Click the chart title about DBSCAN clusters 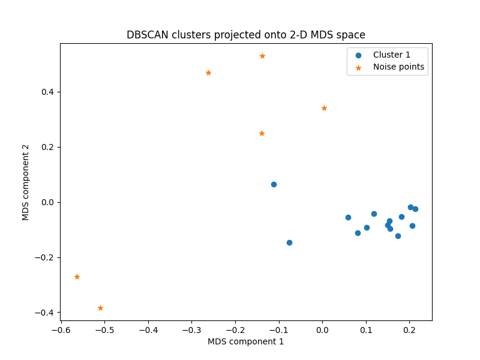pyautogui.click(x=245, y=35)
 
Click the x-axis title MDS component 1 pyautogui.click(x=245, y=341)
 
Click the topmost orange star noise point pyautogui.click(x=262, y=56)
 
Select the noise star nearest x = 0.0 pyautogui.click(x=324, y=108)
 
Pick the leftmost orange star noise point pyautogui.click(x=77, y=277)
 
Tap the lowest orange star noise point pyautogui.click(x=100, y=308)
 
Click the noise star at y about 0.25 pyautogui.click(x=262, y=133)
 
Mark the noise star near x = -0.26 pyautogui.click(x=208, y=73)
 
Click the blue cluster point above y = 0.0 pyautogui.click(x=274, y=184)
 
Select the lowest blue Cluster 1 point pyautogui.click(x=289, y=242)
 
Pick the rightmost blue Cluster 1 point pyautogui.click(x=415, y=209)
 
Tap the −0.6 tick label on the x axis pyautogui.click(x=61, y=330)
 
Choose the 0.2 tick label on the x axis pyautogui.click(x=409, y=330)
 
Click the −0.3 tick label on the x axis pyautogui.click(x=191, y=330)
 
